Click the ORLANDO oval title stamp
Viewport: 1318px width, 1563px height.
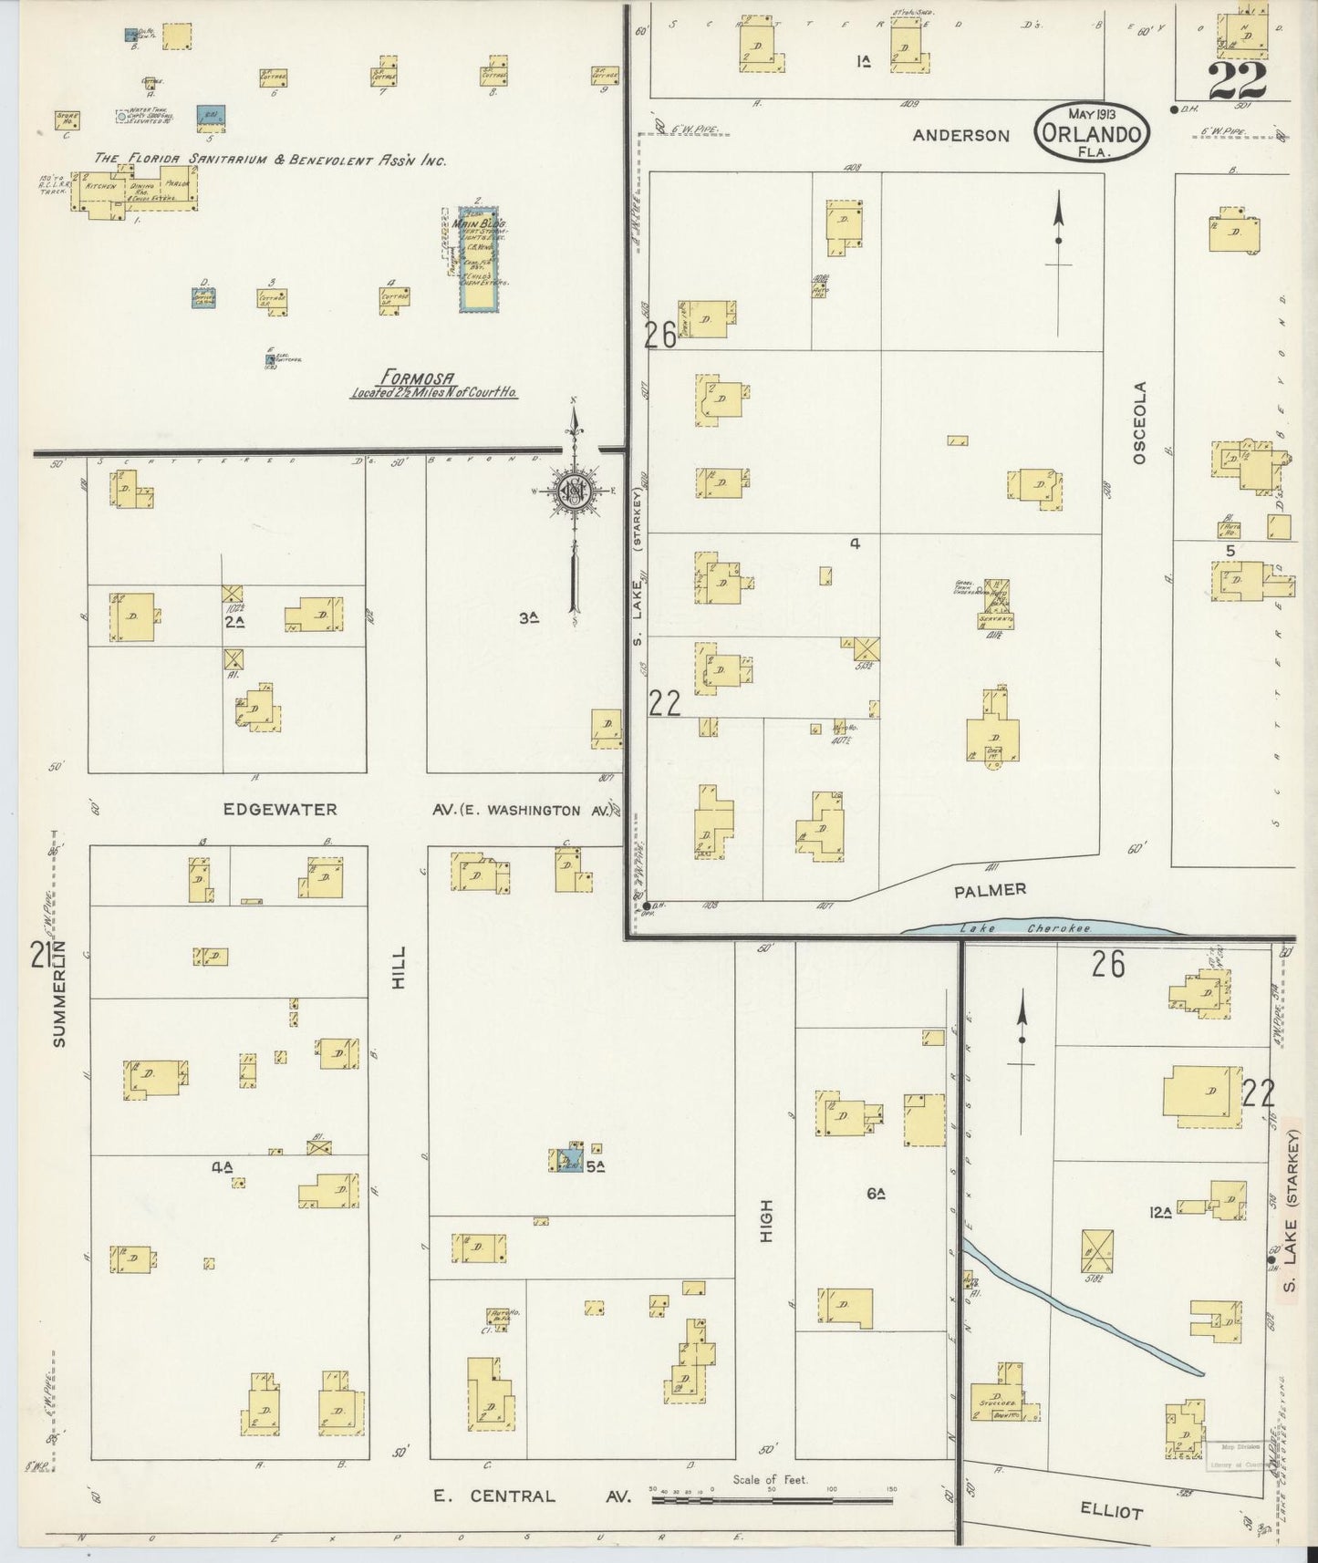[1091, 134]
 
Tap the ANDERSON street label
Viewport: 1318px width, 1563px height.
[961, 136]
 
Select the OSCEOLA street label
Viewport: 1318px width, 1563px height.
[1138, 423]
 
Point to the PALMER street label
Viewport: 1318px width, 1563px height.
[991, 889]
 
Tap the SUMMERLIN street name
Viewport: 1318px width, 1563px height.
[60, 993]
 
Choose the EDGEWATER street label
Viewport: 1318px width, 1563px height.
[280, 809]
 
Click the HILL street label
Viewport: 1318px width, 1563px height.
[399, 966]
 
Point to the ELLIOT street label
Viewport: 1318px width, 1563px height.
[1111, 1511]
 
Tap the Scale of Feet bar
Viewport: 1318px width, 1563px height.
[772, 1499]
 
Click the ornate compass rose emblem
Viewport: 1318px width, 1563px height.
[575, 491]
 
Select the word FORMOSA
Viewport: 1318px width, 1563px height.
[417, 378]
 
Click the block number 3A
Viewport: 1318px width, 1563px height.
[527, 617]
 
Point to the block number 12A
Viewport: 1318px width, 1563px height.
[1160, 1212]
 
